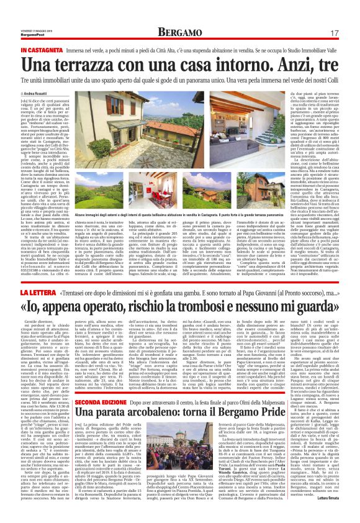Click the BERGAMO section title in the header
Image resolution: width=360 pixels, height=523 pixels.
point(179,32)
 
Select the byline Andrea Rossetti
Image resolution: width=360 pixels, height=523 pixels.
point(34,93)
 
